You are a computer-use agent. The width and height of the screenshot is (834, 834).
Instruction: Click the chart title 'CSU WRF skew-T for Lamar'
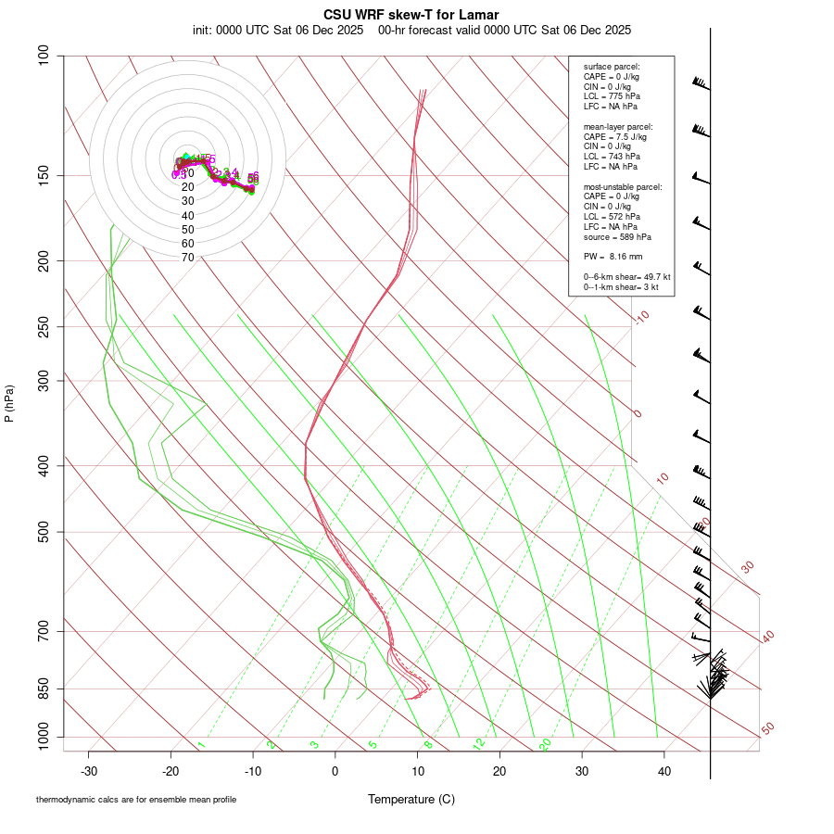pyautogui.click(x=411, y=15)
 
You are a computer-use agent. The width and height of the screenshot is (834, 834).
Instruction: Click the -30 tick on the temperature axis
pyautogui.click(x=89, y=770)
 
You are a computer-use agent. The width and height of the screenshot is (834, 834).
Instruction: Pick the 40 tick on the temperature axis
pyautogui.click(x=664, y=770)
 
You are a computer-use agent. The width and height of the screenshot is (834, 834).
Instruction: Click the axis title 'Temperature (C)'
pyautogui.click(x=411, y=799)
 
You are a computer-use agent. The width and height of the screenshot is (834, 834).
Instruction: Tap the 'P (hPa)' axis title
pyautogui.click(x=9, y=403)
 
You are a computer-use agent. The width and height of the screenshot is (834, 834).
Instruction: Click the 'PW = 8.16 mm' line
pyautogui.click(x=613, y=256)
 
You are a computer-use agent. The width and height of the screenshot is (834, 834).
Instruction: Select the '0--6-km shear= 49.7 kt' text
pyautogui.click(x=626, y=277)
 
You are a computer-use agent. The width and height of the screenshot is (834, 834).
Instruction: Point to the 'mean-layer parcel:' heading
pyautogui.click(x=618, y=126)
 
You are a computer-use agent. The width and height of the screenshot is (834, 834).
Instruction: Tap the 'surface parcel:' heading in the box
pyautogui.click(x=612, y=67)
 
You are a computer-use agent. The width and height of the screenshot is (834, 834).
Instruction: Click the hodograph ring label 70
pyautogui.click(x=187, y=258)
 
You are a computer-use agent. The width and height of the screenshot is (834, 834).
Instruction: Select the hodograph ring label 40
pyautogui.click(x=187, y=215)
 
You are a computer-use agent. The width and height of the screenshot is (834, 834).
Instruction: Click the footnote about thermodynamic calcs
pyautogui.click(x=136, y=800)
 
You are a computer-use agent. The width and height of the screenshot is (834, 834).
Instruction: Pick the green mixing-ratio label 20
pyautogui.click(x=546, y=744)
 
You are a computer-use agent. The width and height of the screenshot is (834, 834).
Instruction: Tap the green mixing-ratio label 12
pyautogui.click(x=479, y=743)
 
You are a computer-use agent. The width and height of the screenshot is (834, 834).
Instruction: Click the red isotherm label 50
pyautogui.click(x=767, y=728)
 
